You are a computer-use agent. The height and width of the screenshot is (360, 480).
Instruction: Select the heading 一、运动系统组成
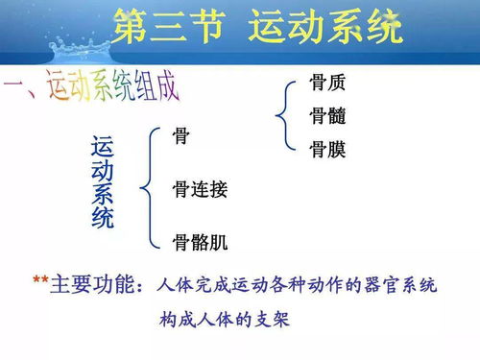pos(91,88)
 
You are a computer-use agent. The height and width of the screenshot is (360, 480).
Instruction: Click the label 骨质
pos(327,84)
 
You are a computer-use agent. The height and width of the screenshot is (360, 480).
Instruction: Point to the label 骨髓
pos(327,116)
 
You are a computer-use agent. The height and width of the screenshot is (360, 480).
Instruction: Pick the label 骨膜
pos(327,149)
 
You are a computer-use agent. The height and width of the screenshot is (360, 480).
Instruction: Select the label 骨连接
pos(200,189)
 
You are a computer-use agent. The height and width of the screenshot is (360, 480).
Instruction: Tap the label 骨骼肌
pos(200,240)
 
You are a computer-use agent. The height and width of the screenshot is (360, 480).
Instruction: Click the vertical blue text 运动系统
pos(102,182)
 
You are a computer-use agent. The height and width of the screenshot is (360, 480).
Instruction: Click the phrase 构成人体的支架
pos(225,319)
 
